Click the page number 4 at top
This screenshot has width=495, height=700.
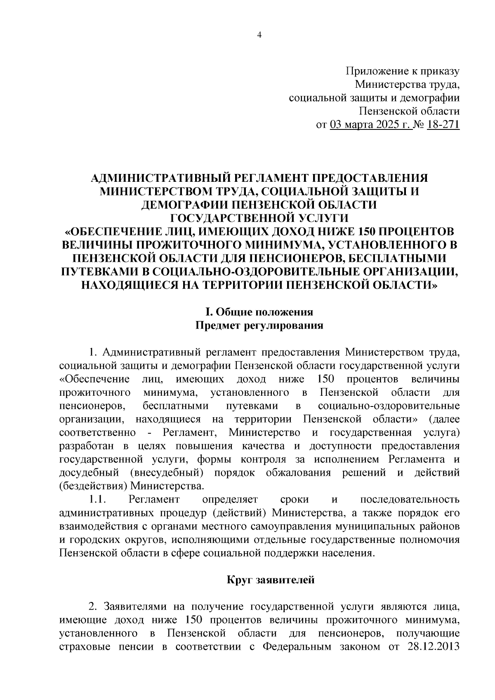pyautogui.click(x=259, y=35)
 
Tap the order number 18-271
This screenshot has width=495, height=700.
pyautogui.click(x=443, y=124)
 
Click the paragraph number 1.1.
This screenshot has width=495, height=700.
pyautogui.click(x=98, y=499)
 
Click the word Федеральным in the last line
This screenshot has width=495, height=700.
pyautogui.click(x=296, y=658)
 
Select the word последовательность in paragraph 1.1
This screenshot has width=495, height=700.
pyautogui.click(x=410, y=499)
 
